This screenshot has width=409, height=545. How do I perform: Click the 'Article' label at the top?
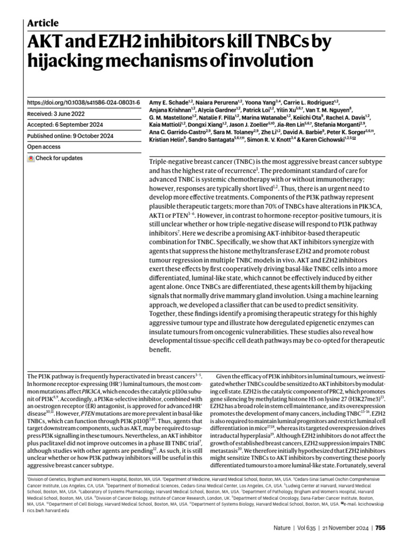pyautogui.click(x=43, y=23)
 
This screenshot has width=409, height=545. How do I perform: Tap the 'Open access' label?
pyautogui.click(x=44, y=147)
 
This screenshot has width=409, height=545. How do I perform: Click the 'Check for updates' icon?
pyautogui.click(x=31, y=159)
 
